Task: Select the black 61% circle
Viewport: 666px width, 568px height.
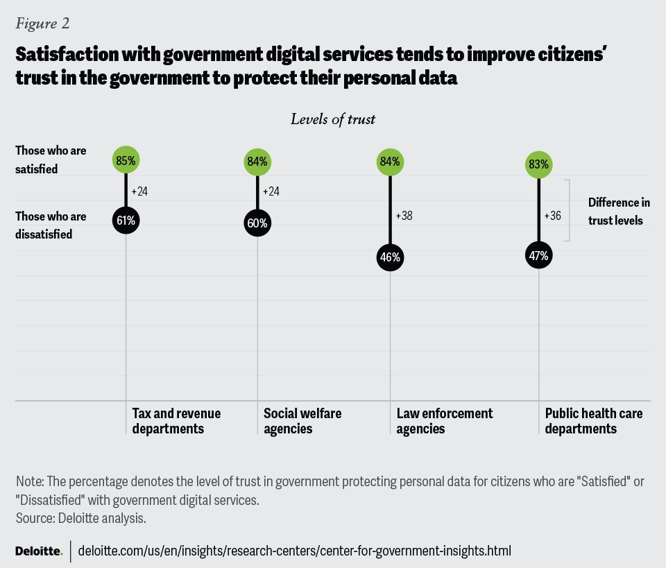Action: [x=126, y=221]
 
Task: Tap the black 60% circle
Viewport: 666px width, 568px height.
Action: [x=257, y=223]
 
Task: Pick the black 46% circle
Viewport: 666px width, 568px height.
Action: [x=390, y=257]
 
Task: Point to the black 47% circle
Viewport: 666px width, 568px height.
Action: [x=539, y=255]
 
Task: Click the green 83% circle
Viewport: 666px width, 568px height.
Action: [x=539, y=164]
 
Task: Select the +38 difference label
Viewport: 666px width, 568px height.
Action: [x=404, y=216]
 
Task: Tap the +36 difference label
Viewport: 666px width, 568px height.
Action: [x=554, y=215]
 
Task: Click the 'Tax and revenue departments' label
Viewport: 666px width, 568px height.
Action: [x=176, y=421]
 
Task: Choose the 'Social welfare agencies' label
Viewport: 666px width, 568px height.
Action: [x=302, y=421]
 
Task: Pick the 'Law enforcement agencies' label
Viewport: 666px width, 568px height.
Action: [x=444, y=421]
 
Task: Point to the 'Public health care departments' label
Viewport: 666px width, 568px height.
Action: [x=593, y=421]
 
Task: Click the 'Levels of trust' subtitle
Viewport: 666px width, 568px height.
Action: [x=333, y=119]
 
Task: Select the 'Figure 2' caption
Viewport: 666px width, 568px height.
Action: [x=42, y=23]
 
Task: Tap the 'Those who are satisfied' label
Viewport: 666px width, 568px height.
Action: [x=51, y=160]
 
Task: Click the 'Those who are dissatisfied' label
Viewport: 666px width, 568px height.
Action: [x=51, y=225]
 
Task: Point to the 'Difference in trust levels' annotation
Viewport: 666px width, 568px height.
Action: [x=619, y=212]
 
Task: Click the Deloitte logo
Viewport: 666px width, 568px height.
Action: [x=38, y=551]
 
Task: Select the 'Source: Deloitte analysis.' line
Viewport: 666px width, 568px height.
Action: [x=80, y=517]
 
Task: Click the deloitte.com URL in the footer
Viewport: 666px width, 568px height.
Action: [x=295, y=551]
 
